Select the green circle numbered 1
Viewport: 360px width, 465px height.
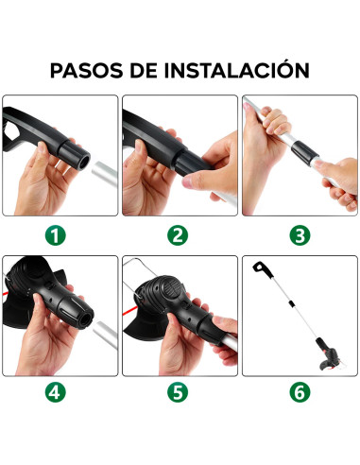[x=60, y=234]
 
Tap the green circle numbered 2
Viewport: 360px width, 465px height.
[x=180, y=234]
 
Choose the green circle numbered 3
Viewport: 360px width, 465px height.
[x=300, y=234]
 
